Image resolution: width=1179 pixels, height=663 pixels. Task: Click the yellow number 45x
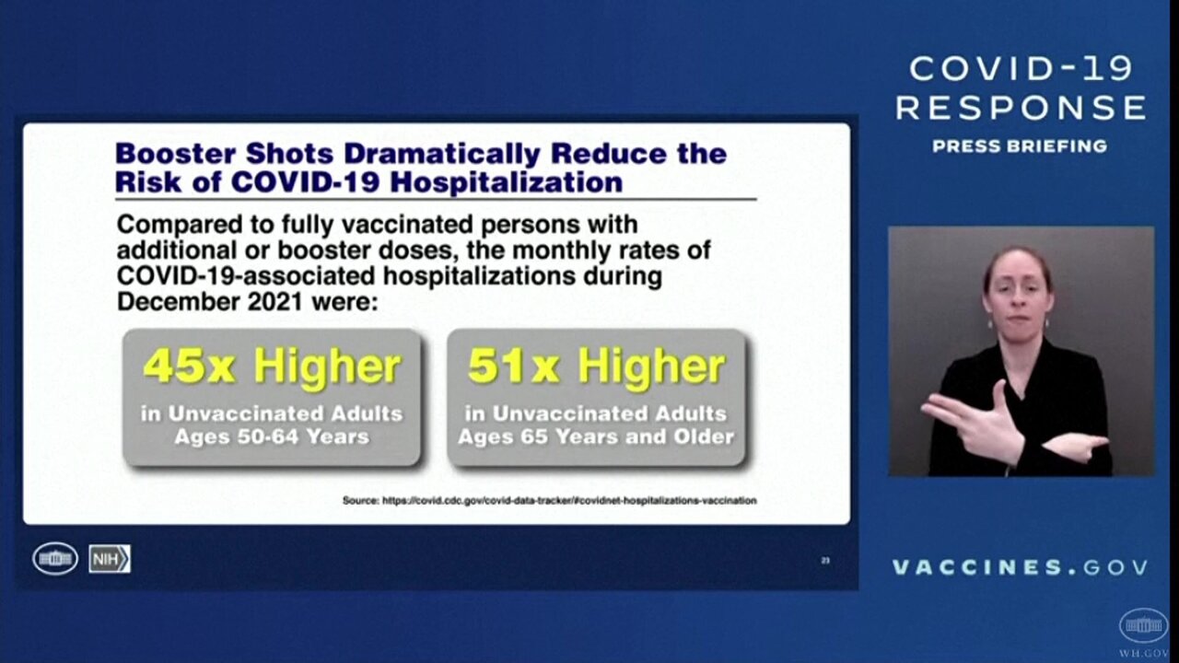[x=189, y=366]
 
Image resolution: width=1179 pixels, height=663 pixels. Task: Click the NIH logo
[x=110, y=559]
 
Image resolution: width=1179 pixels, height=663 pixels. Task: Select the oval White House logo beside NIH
[x=55, y=558]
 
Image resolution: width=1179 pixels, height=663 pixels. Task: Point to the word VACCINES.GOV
[x=1020, y=567]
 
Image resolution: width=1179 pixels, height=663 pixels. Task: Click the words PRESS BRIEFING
[x=1020, y=146]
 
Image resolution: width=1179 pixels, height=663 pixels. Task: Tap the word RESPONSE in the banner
[x=1021, y=108]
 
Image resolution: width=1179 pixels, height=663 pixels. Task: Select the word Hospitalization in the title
[x=508, y=182]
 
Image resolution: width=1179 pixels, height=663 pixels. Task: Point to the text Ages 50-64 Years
[x=272, y=436]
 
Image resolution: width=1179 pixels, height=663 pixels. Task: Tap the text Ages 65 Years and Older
[x=596, y=436]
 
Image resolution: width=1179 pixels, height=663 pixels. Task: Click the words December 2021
[x=209, y=302]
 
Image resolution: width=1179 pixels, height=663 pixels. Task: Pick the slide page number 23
[x=825, y=561]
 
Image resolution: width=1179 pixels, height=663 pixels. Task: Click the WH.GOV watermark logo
[x=1143, y=632]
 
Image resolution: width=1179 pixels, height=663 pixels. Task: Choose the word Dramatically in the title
[x=442, y=154]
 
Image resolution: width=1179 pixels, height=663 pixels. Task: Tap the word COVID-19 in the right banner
[x=1021, y=69]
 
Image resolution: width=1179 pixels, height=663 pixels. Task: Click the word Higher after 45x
[x=327, y=368]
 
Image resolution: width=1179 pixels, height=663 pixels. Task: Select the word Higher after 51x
[x=651, y=368]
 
